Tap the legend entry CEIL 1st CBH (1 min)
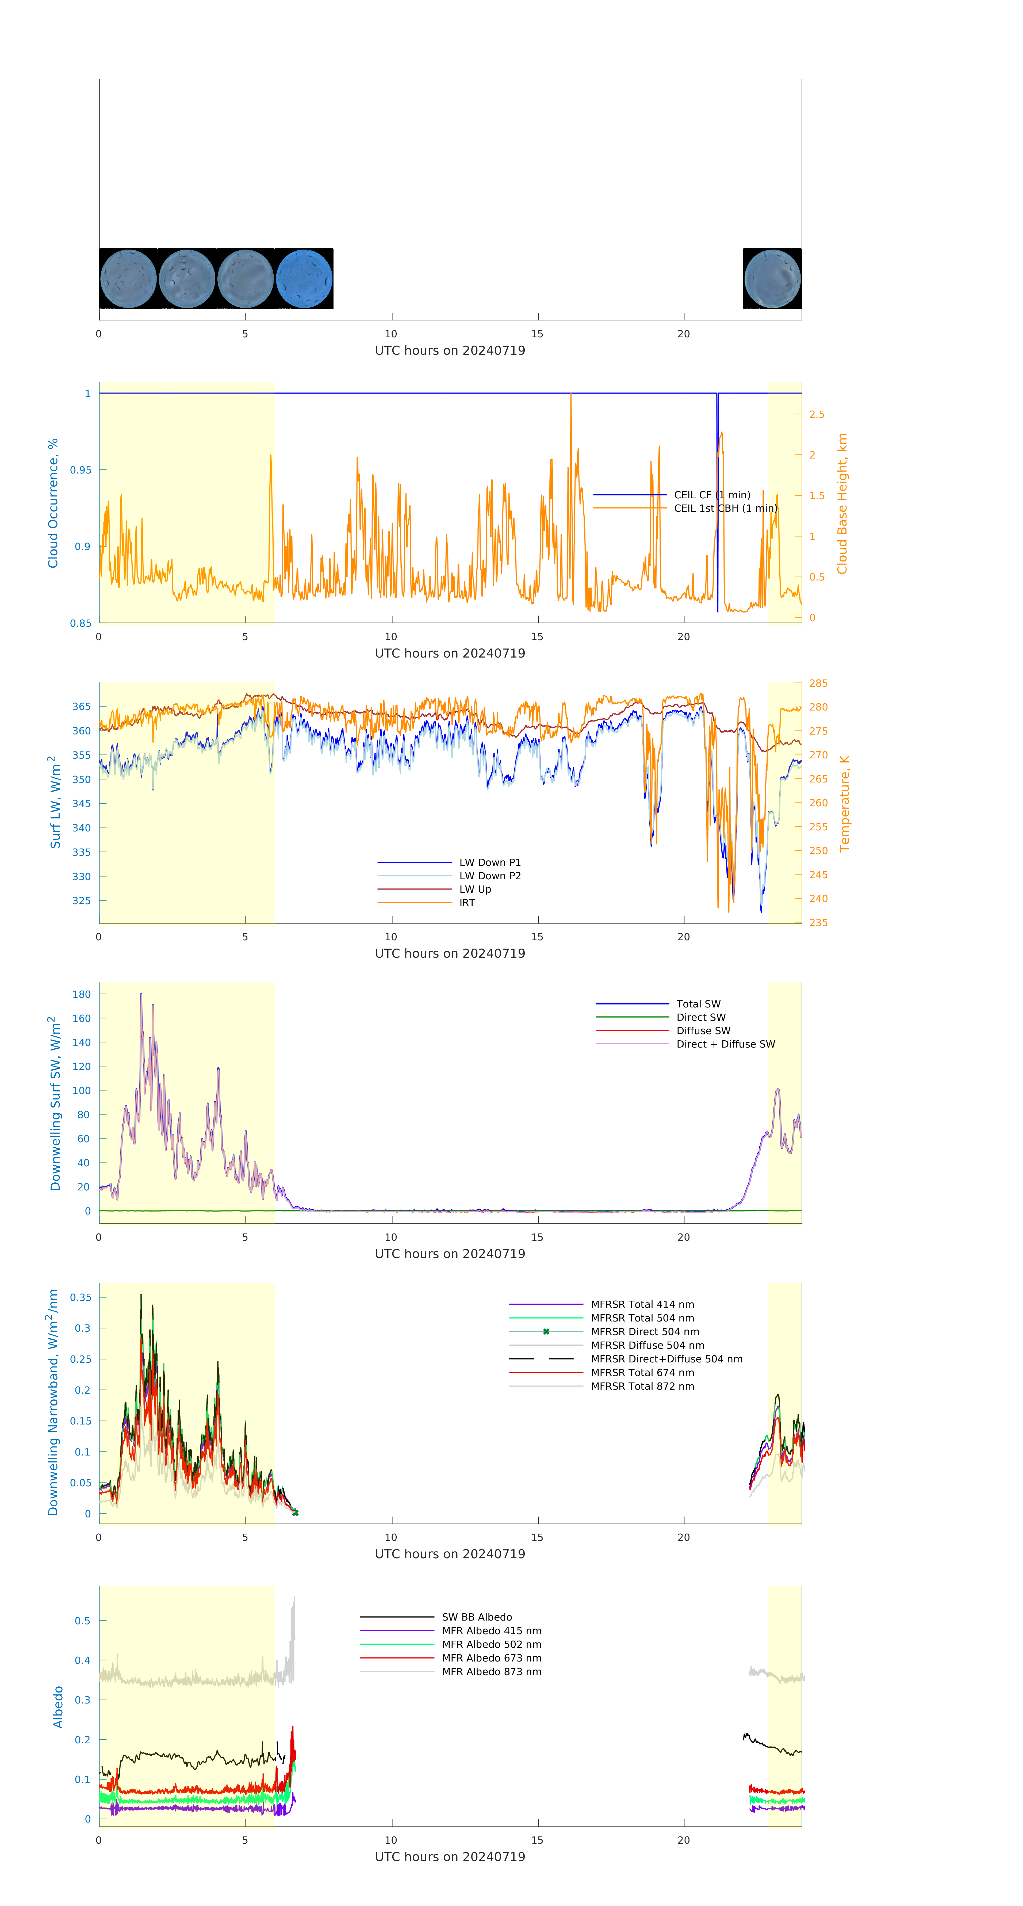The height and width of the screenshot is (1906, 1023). [x=725, y=508]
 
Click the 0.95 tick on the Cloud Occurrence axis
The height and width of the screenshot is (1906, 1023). [x=81, y=470]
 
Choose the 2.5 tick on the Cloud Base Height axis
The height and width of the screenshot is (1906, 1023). [x=817, y=414]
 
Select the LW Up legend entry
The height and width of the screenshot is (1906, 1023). [x=475, y=889]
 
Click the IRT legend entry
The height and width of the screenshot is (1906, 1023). [x=467, y=903]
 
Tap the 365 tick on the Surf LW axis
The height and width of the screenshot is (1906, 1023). [x=81, y=706]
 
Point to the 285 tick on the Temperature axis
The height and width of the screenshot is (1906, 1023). [x=818, y=683]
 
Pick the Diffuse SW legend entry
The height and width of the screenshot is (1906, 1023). [x=703, y=1031]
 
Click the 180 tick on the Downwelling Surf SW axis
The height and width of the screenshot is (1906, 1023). [x=81, y=994]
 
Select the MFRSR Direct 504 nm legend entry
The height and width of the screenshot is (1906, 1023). [x=644, y=1332]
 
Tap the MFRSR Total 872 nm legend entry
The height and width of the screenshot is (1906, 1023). [x=642, y=1386]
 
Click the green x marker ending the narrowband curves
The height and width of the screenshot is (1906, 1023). [x=295, y=1513]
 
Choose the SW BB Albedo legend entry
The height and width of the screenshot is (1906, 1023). [x=476, y=1617]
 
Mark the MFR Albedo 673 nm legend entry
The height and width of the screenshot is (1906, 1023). [x=491, y=1658]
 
